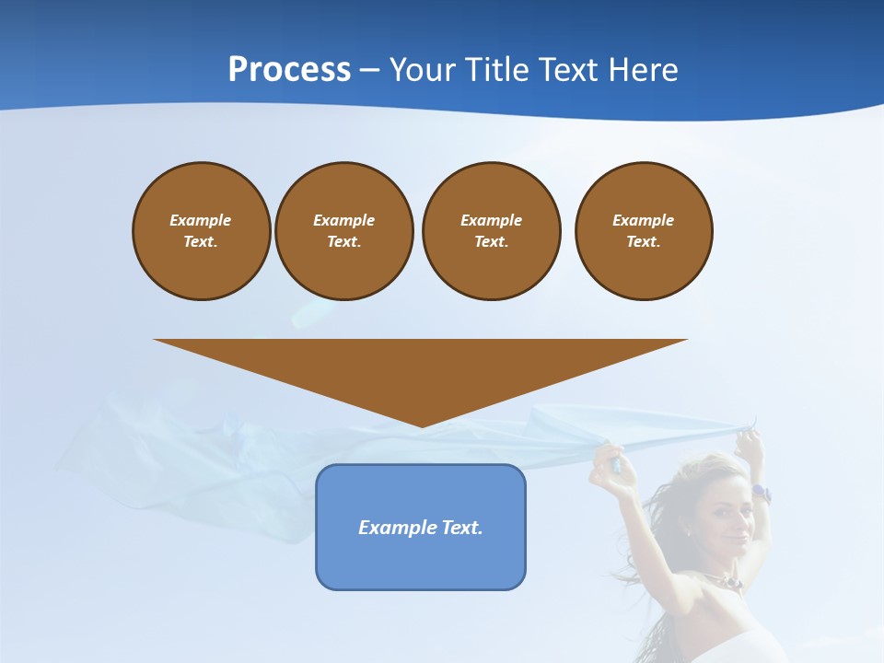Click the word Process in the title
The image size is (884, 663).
click(x=289, y=70)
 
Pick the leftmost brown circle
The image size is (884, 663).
click(x=201, y=230)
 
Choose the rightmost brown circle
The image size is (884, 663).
click(x=643, y=230)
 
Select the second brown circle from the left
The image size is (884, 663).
click(x=343, y=230)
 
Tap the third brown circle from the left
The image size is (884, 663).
click(x=491, y=230)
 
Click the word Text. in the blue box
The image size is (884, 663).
click(x=460, y=528)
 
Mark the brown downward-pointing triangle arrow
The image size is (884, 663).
click(x=421, y=368)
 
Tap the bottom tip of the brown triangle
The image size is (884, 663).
click(x=421, y=425)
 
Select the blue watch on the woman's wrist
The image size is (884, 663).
click(x=761, y=493)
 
